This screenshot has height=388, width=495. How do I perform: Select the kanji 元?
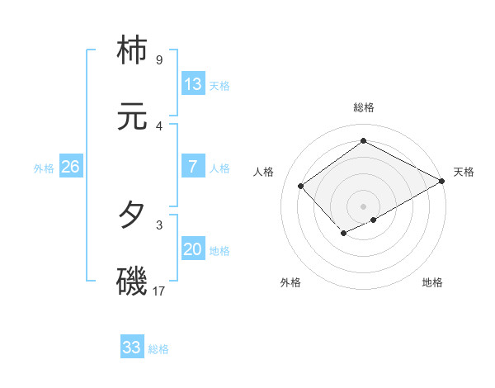(134, 117)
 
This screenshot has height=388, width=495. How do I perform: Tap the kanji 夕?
(134, 215)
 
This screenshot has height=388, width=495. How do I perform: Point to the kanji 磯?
(134, 282)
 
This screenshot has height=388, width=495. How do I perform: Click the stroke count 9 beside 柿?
(158, 60)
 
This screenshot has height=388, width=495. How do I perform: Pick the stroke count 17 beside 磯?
(160, 291)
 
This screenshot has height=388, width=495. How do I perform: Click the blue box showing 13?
(193, 84)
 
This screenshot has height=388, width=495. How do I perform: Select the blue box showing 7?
(193, 167)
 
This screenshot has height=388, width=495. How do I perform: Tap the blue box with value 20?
(193, 249)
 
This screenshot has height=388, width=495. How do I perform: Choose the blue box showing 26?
(70, 167)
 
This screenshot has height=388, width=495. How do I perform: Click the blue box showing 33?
(132, 348)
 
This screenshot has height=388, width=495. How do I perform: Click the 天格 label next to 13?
(219, 86)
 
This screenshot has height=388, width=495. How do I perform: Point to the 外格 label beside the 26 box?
(44, 168)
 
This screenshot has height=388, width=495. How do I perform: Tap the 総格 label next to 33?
(158, 349)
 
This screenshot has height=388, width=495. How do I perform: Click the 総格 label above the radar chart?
(363, 107)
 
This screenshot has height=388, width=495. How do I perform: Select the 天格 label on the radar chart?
(464, 172)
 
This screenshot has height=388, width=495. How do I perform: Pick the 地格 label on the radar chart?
(432, 282)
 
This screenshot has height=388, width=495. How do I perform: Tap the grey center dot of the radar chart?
(363, 206)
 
